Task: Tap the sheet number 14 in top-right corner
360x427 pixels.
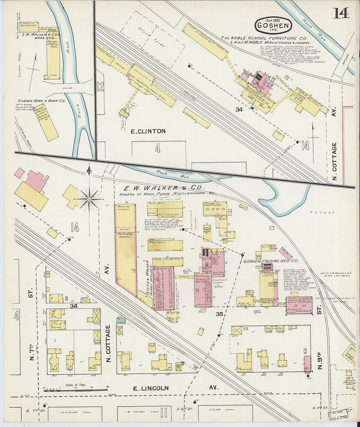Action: click(x=341, y=13)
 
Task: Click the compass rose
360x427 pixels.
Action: click(x=89, y=198)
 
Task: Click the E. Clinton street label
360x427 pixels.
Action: click(x=148, y=131)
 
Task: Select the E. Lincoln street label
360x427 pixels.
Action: click(x=151, y=388)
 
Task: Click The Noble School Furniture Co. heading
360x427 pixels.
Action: click(x=264, y=38)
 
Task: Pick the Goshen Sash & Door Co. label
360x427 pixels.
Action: click(x=42, y=101)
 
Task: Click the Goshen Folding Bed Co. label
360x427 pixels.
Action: click(x=271, y=261)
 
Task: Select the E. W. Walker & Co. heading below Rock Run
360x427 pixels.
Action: click(x=164, y=188)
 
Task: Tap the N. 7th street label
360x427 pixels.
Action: click(x=31, y=352)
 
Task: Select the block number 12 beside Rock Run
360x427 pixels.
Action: click(x=100, y=87)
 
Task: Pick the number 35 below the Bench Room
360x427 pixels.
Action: click(x=219, y=314)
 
